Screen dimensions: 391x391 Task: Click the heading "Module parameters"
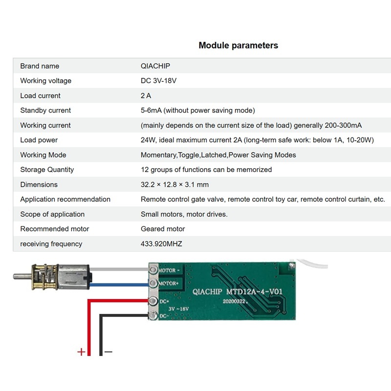click(x=238, y=45)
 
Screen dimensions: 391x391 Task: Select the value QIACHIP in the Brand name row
click(x=155, y=66)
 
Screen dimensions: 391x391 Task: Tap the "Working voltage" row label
click(x=45, y=81)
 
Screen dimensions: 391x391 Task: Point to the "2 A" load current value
click(x=146, y=95)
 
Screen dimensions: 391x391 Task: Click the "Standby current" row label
click(x=45, y=110)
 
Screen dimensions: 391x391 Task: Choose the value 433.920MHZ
click(x=161, y=243)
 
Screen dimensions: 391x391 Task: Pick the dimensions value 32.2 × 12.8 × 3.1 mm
click(x=174, y=185)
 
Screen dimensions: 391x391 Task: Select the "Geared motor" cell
click(x=163, y=229)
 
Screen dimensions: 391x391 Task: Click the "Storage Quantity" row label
click(x=47, y=170)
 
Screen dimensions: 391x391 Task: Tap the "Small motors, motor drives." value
click(x=184, y=214)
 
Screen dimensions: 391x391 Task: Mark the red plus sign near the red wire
click(x=81, y=352)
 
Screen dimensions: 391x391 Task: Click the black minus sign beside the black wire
click(x=109, y=352)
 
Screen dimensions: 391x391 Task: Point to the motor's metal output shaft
click(x=22, y=276)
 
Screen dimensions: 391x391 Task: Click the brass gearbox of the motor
click(x=45, y=277)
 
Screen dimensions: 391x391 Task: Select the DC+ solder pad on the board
click(x=153, y=301)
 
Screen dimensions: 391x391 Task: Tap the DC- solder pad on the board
click(x=153, y=316)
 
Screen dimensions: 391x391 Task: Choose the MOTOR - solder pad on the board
click(x=153, y=270)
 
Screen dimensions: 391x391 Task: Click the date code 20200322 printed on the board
click(x=235, y=301)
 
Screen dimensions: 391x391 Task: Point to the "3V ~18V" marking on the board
click(x=178, y=309)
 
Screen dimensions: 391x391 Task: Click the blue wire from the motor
click(x=119, y=285)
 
